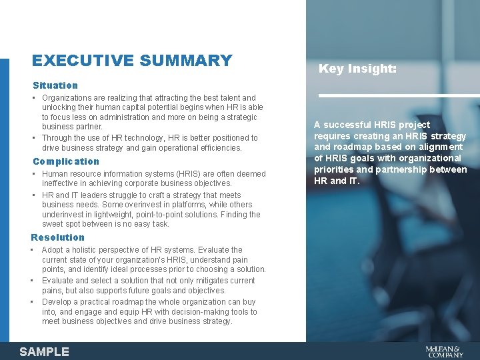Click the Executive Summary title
pyautogui.click(x=132, y=61)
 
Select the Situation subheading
pyautogui.click(x=55, y=85)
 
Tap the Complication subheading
pyautogui.click(x=66, y=161)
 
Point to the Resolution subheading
pyautogui.click(x=58, y=237)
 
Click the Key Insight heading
pyautogui.click(x=357, y=69)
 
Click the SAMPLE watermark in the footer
pyautogui.click(x=44, y=351)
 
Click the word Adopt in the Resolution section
pyautogui.click(x=53, y=250)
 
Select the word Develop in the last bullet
pyautogui.click(x=57, y=302)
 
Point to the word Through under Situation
pyautogui.click(x=58, y=138)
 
